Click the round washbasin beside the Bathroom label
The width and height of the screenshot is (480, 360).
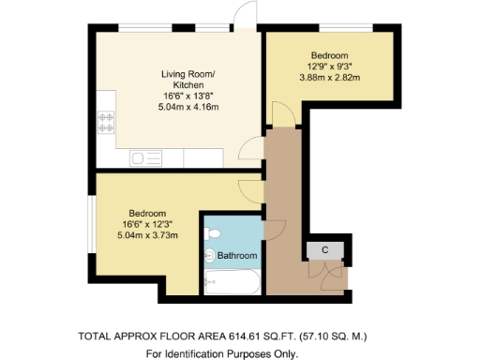click(210, 254)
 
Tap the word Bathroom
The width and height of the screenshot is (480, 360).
click(238, 255)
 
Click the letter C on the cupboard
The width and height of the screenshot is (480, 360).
click(324, 249)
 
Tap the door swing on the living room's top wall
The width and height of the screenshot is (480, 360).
click(247, 14)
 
